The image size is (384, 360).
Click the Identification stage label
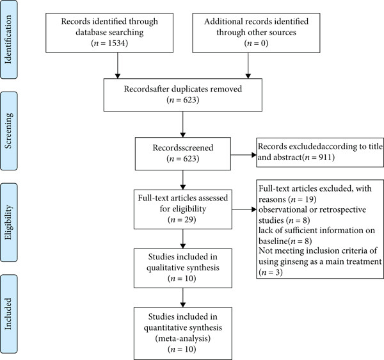[x=8, y=40]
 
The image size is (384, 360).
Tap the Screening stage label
[x=8, y=131]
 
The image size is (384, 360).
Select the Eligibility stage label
[x=8, y=222]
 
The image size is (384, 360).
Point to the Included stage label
[x=8, y=314]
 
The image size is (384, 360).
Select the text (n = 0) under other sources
[x=256, y=43]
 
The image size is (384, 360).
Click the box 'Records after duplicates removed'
[x=182, y=95]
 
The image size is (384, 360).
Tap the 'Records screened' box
[x=182, y=154]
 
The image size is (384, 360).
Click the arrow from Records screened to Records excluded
[x=243, y=155]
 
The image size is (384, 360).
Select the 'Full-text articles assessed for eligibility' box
[x=182, y=209]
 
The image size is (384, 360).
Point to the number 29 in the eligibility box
[x=188, y=220]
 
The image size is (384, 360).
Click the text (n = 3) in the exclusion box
[x=271, y=272]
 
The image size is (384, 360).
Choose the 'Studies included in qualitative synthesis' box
[x=182, y=268]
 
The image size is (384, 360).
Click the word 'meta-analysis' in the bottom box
[x=182, y=338]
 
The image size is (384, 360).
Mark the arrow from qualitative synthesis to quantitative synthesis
[x=182, y=297]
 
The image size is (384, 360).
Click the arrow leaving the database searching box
[x=118, y=65]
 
